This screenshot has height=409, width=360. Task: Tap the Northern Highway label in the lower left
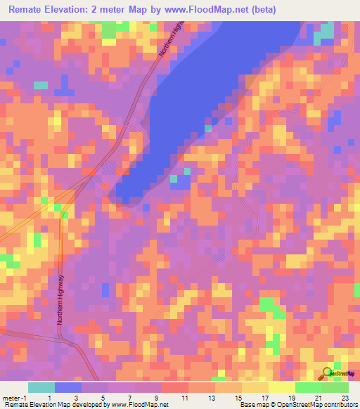[60, 298]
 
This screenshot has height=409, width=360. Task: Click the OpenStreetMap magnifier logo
[328, 373]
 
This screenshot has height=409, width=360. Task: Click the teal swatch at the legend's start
[41, 387]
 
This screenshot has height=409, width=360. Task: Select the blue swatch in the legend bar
[68, 387]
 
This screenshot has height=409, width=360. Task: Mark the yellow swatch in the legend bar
[281, 387]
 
